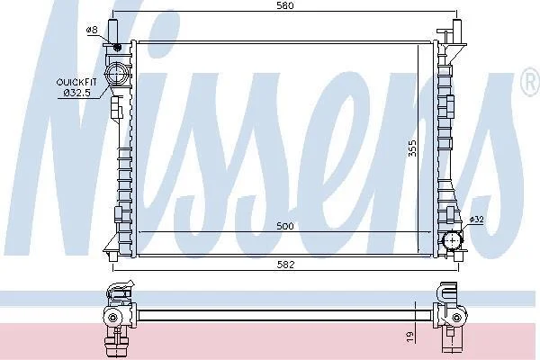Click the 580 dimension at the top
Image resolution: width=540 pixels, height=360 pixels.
coord(285,5)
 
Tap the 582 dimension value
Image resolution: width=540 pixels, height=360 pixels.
coord(286,265)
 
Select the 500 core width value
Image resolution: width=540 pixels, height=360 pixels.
coord(285,226)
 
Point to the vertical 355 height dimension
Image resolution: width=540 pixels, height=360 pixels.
coord(412,148)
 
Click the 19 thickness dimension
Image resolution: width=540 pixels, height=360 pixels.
coord(409,337)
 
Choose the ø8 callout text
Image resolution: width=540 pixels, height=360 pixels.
coord(92,30)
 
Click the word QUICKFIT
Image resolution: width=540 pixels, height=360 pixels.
coord(76,82)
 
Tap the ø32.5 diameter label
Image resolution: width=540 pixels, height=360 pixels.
coord(77,93)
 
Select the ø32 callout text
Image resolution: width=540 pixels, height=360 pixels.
coord(477,220)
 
